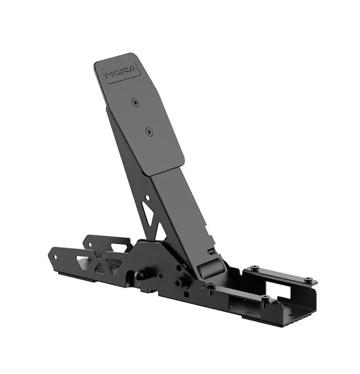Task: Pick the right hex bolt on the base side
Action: (x=181, y=279)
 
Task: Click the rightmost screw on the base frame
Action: (x=308, y=279)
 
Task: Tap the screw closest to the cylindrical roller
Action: (x=212, y=286)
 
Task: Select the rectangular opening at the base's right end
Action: (x=284, y=291)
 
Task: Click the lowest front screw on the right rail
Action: (x=265, y=298)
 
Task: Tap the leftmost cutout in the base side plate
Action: (x=81, y=260)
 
